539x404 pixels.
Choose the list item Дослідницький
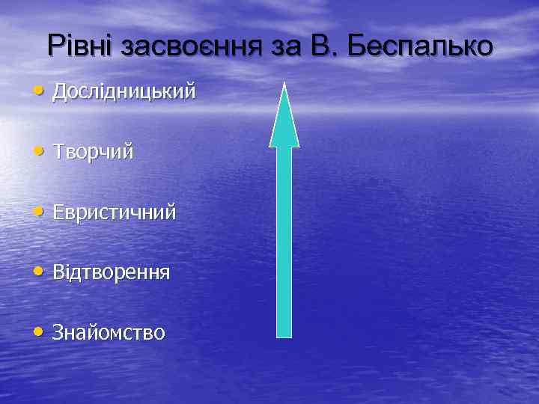(124, 92)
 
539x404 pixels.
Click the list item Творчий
(93, 153)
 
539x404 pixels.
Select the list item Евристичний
(115, 212)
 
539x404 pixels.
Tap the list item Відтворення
(111, 272)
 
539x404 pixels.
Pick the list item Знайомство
(109, 332)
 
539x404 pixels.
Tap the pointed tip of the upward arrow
(284, 85)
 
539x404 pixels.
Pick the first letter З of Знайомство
(58, 332)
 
